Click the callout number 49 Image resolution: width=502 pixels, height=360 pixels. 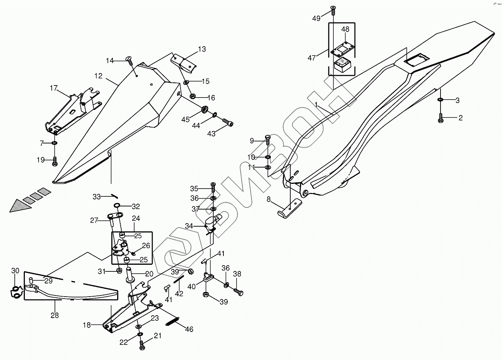pyautogui.click(x=316, y=19)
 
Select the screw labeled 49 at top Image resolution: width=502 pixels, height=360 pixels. pyautogui.click(x=333, y=10)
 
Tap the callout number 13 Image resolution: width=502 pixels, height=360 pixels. pyautogui.click(x=202, y=49)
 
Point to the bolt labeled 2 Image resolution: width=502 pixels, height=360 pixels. pyautogui.click(x=441, y=118)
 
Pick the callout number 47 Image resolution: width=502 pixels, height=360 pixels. pyautogui.click(x=312, y=58)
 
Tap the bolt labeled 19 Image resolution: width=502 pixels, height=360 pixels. pyautogui.click(x=54, y=161)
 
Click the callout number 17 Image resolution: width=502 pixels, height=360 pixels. pyautogui.click(x=54, y=88)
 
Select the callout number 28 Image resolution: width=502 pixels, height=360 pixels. pyautogui.click(x=54, y=315)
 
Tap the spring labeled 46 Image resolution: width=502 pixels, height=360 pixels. pyautogui.click(x=172, y=321)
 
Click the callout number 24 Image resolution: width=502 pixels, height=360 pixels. pyautogui.click(x=136, y=218)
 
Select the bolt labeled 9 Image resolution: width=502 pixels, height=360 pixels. pyautogui.click(x=268, y=140)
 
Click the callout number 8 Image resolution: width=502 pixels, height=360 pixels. pyautogui.click(x=269, y=199)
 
